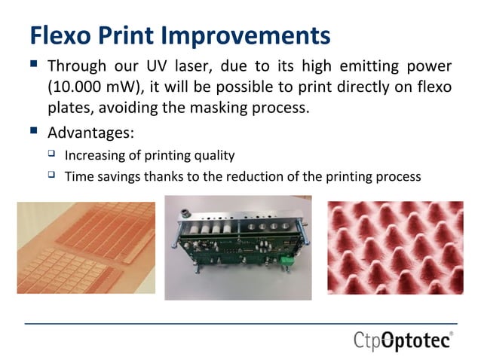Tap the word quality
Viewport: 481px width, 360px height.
[216, 156]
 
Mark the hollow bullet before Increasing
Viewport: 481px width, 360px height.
[52, 156]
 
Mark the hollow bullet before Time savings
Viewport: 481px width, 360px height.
[52, 177]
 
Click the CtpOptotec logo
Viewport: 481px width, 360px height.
[403, 341]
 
